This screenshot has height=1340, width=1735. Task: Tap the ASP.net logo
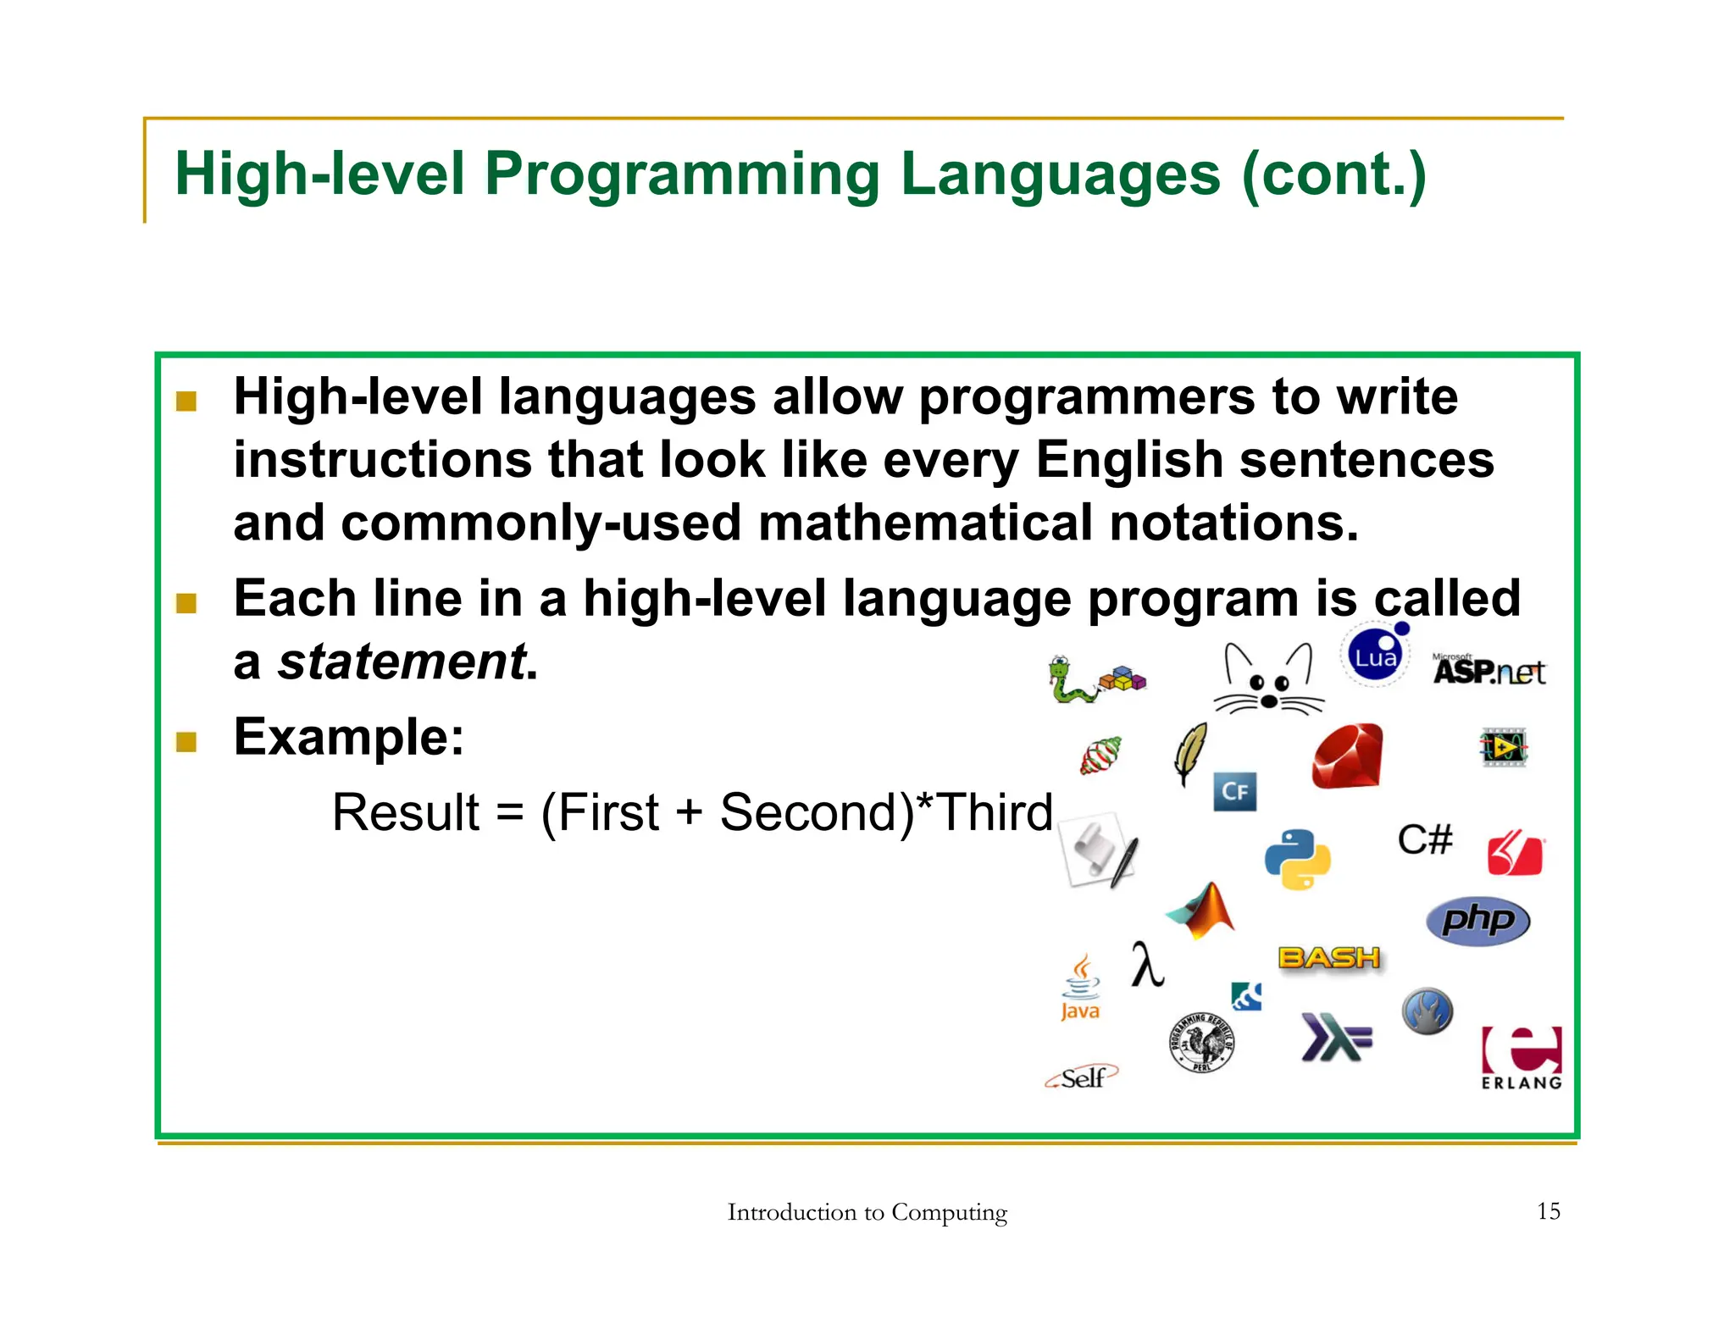pyautogui.click(x=1488, y=670)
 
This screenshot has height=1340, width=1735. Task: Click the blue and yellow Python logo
pyautogui.click(x=1297, y=859)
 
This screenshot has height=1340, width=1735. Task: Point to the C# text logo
pyautogui.click(x=1425, y=839)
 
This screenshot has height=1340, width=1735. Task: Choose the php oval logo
pyautogui.click(x=1477, y=920)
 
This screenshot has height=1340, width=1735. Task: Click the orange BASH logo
pyautogui.click(x=1328, y=958)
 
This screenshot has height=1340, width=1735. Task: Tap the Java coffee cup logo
pyautogui.click(x=1080, y=988)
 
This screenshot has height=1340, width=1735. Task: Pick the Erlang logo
pyautogui.click(x=1522, y=1058)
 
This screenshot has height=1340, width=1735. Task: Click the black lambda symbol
pyautogui.click(x=1147, y=965)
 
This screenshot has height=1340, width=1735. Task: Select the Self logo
pyautogui.click(x=1082, y=1077)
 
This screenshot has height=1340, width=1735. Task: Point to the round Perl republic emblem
pyautogui.click(x=1201, y=1043)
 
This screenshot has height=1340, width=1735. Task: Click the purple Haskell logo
pyautogui.click(x=1335, y=1037)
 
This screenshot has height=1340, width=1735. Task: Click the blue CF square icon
pyautogui.click(x=1234, y=791)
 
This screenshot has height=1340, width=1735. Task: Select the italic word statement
pyautogui.click(x=402, y=662)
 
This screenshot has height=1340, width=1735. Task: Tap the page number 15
pyautogui.click(x=1548, y=1211)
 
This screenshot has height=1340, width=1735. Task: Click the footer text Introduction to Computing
pyautogui.click(x=867, y=1212)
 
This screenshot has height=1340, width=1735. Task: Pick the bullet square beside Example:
pyautogui.click(x=186, y=742)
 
